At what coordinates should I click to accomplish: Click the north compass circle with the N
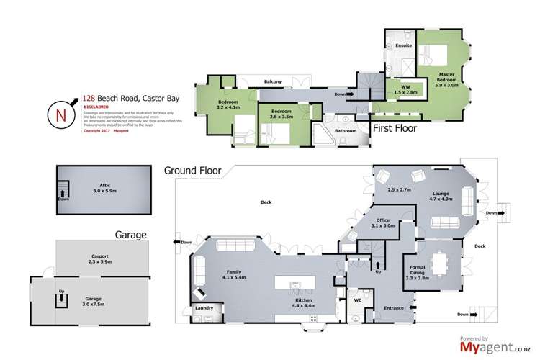tap(60, 114)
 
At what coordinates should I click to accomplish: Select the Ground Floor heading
tap(193, 171)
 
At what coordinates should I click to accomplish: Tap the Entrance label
tap(393, 308)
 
